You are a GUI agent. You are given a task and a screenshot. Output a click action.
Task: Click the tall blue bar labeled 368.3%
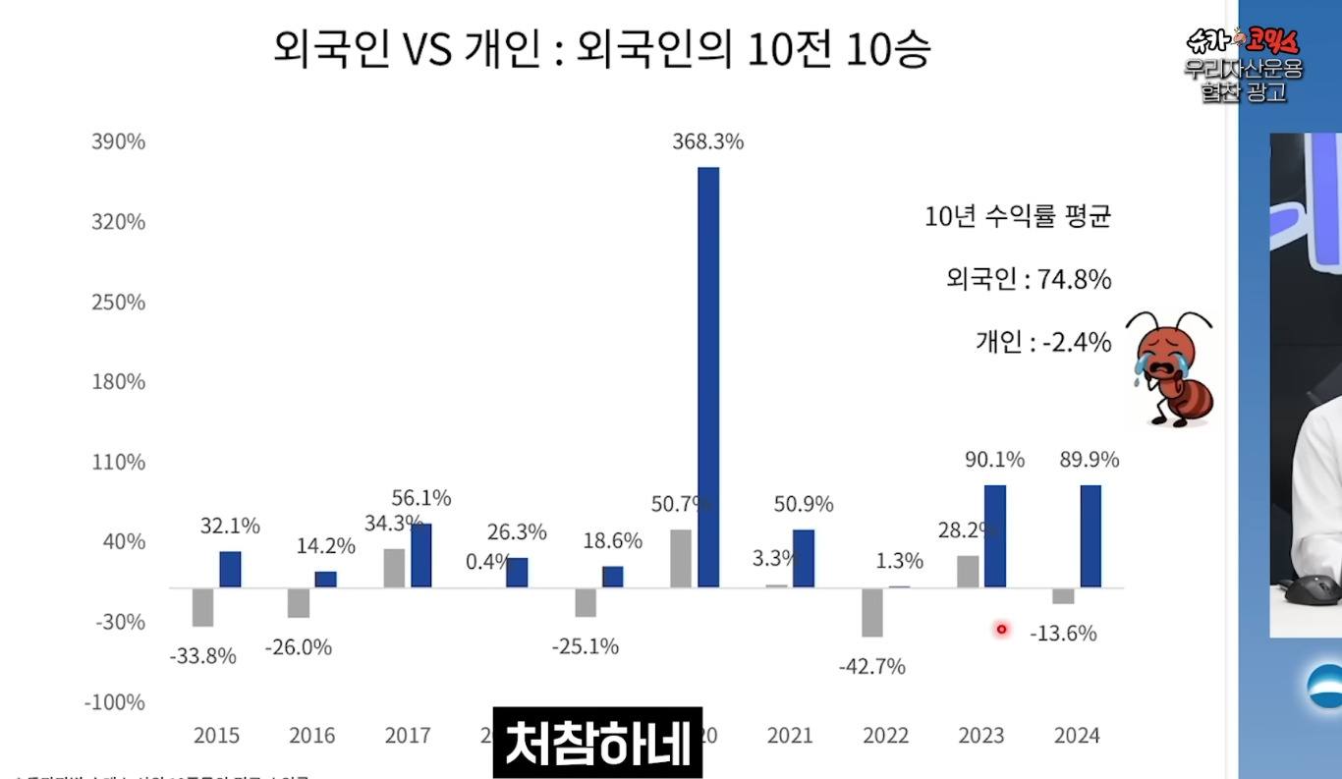click(708, 377)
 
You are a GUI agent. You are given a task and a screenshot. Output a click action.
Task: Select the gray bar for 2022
click(872, 612)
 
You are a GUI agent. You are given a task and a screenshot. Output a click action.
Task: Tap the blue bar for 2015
click(230, 570)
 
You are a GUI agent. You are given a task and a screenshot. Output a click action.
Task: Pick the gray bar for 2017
click(394, 568)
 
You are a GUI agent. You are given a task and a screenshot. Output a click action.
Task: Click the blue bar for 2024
click(1090, 536)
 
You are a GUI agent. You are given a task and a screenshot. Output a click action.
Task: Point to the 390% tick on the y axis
click(118, 141)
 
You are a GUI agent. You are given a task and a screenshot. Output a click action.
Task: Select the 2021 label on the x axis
click(790, 735)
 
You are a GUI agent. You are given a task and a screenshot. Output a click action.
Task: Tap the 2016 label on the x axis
click(311, 735)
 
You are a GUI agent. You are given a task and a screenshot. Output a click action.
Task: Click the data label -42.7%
click(871, 667)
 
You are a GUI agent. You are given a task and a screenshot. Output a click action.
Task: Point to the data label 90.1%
click(994, 459)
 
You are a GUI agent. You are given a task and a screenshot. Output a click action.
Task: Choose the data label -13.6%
click(1063, 634)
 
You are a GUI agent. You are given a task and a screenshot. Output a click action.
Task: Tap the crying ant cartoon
click(1170, 368)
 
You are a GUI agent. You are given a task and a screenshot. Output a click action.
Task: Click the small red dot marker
click(1002, 630)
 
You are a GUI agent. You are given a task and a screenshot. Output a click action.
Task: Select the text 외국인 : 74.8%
click(1029, 280)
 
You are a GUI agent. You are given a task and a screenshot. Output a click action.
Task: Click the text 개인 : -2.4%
click(1043, 342)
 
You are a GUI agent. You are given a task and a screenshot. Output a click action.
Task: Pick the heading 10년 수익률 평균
click(1018, 217)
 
